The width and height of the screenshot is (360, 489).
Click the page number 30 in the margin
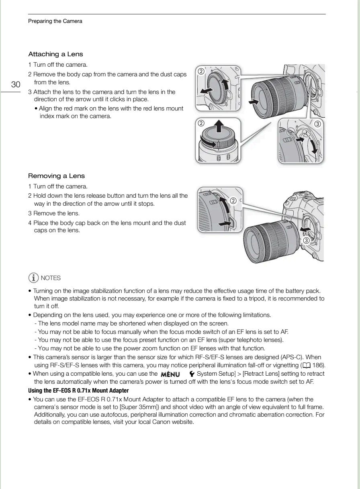click(x=16, y=84)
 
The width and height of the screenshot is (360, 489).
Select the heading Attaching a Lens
click(x=55, y=54)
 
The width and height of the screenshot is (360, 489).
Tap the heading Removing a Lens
click(x=56, y=176)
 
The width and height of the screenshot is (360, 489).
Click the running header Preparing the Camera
click(x=55, y=21)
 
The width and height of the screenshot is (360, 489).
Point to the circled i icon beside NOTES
click(x=33, y=278)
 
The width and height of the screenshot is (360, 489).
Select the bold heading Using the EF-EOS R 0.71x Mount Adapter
click(x=78, y=391)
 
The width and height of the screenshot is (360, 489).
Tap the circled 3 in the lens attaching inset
click(x=317, y=124)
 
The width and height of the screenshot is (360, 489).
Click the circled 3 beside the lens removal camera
click(x=306, y=240)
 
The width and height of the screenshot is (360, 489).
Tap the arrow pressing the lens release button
click(x=226, y=221)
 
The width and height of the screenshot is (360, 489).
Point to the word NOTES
click(x=51, y=278)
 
